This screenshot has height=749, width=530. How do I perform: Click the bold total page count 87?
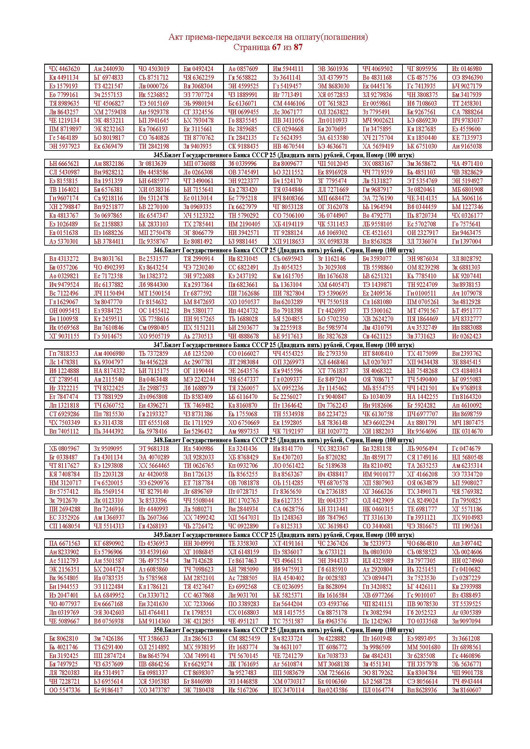click(x=298, y=47)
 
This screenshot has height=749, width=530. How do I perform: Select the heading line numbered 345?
click(x=284, y=155)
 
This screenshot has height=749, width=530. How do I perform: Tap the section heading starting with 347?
click(x=284, y=345)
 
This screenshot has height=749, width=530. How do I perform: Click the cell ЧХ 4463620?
click(x=64, y=69)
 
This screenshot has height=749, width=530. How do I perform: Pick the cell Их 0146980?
click(x=467, y=69)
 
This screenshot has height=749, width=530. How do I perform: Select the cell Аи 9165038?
click(x=467, y=146)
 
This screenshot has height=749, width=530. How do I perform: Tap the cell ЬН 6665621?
click(x=64, y=164)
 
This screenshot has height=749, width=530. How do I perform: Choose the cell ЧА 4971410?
click(x=467, y=164)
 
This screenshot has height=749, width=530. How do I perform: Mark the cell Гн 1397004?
click(x=467, y=241)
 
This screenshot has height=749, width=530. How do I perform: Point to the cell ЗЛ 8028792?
click(x=467, y=259)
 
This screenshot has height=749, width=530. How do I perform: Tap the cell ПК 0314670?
click(x=467, y=431)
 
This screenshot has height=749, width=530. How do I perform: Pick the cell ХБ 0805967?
click(x=64, y=449)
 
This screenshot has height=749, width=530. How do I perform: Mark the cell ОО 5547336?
click(x=64, y=690)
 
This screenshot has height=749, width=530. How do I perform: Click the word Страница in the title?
click(x=251, y=47)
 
